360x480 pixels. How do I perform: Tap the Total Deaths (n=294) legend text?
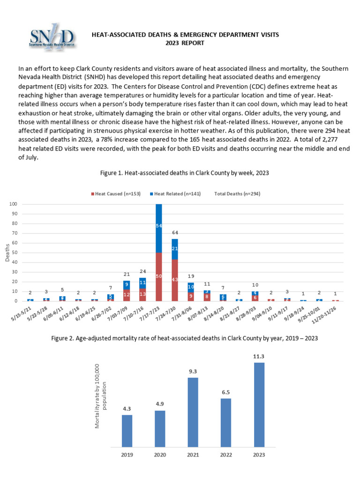click(x=237, y=194)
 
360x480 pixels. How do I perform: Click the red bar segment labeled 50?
click(x=159, y=277)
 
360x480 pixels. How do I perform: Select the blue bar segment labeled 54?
click(x=159, y=226)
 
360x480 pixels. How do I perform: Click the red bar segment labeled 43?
click(x=175, y=280)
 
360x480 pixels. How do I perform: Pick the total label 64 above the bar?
click(x=175, y=233)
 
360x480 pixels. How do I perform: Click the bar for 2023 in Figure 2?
click(x=259, y=405)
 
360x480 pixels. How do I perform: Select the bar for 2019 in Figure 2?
click(x=127, y=431)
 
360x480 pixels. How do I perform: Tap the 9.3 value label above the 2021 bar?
click(x=193, y=371)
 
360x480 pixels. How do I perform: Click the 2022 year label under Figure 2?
click(x=225, y=454)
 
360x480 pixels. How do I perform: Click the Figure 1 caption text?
click(x=185, y=173)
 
